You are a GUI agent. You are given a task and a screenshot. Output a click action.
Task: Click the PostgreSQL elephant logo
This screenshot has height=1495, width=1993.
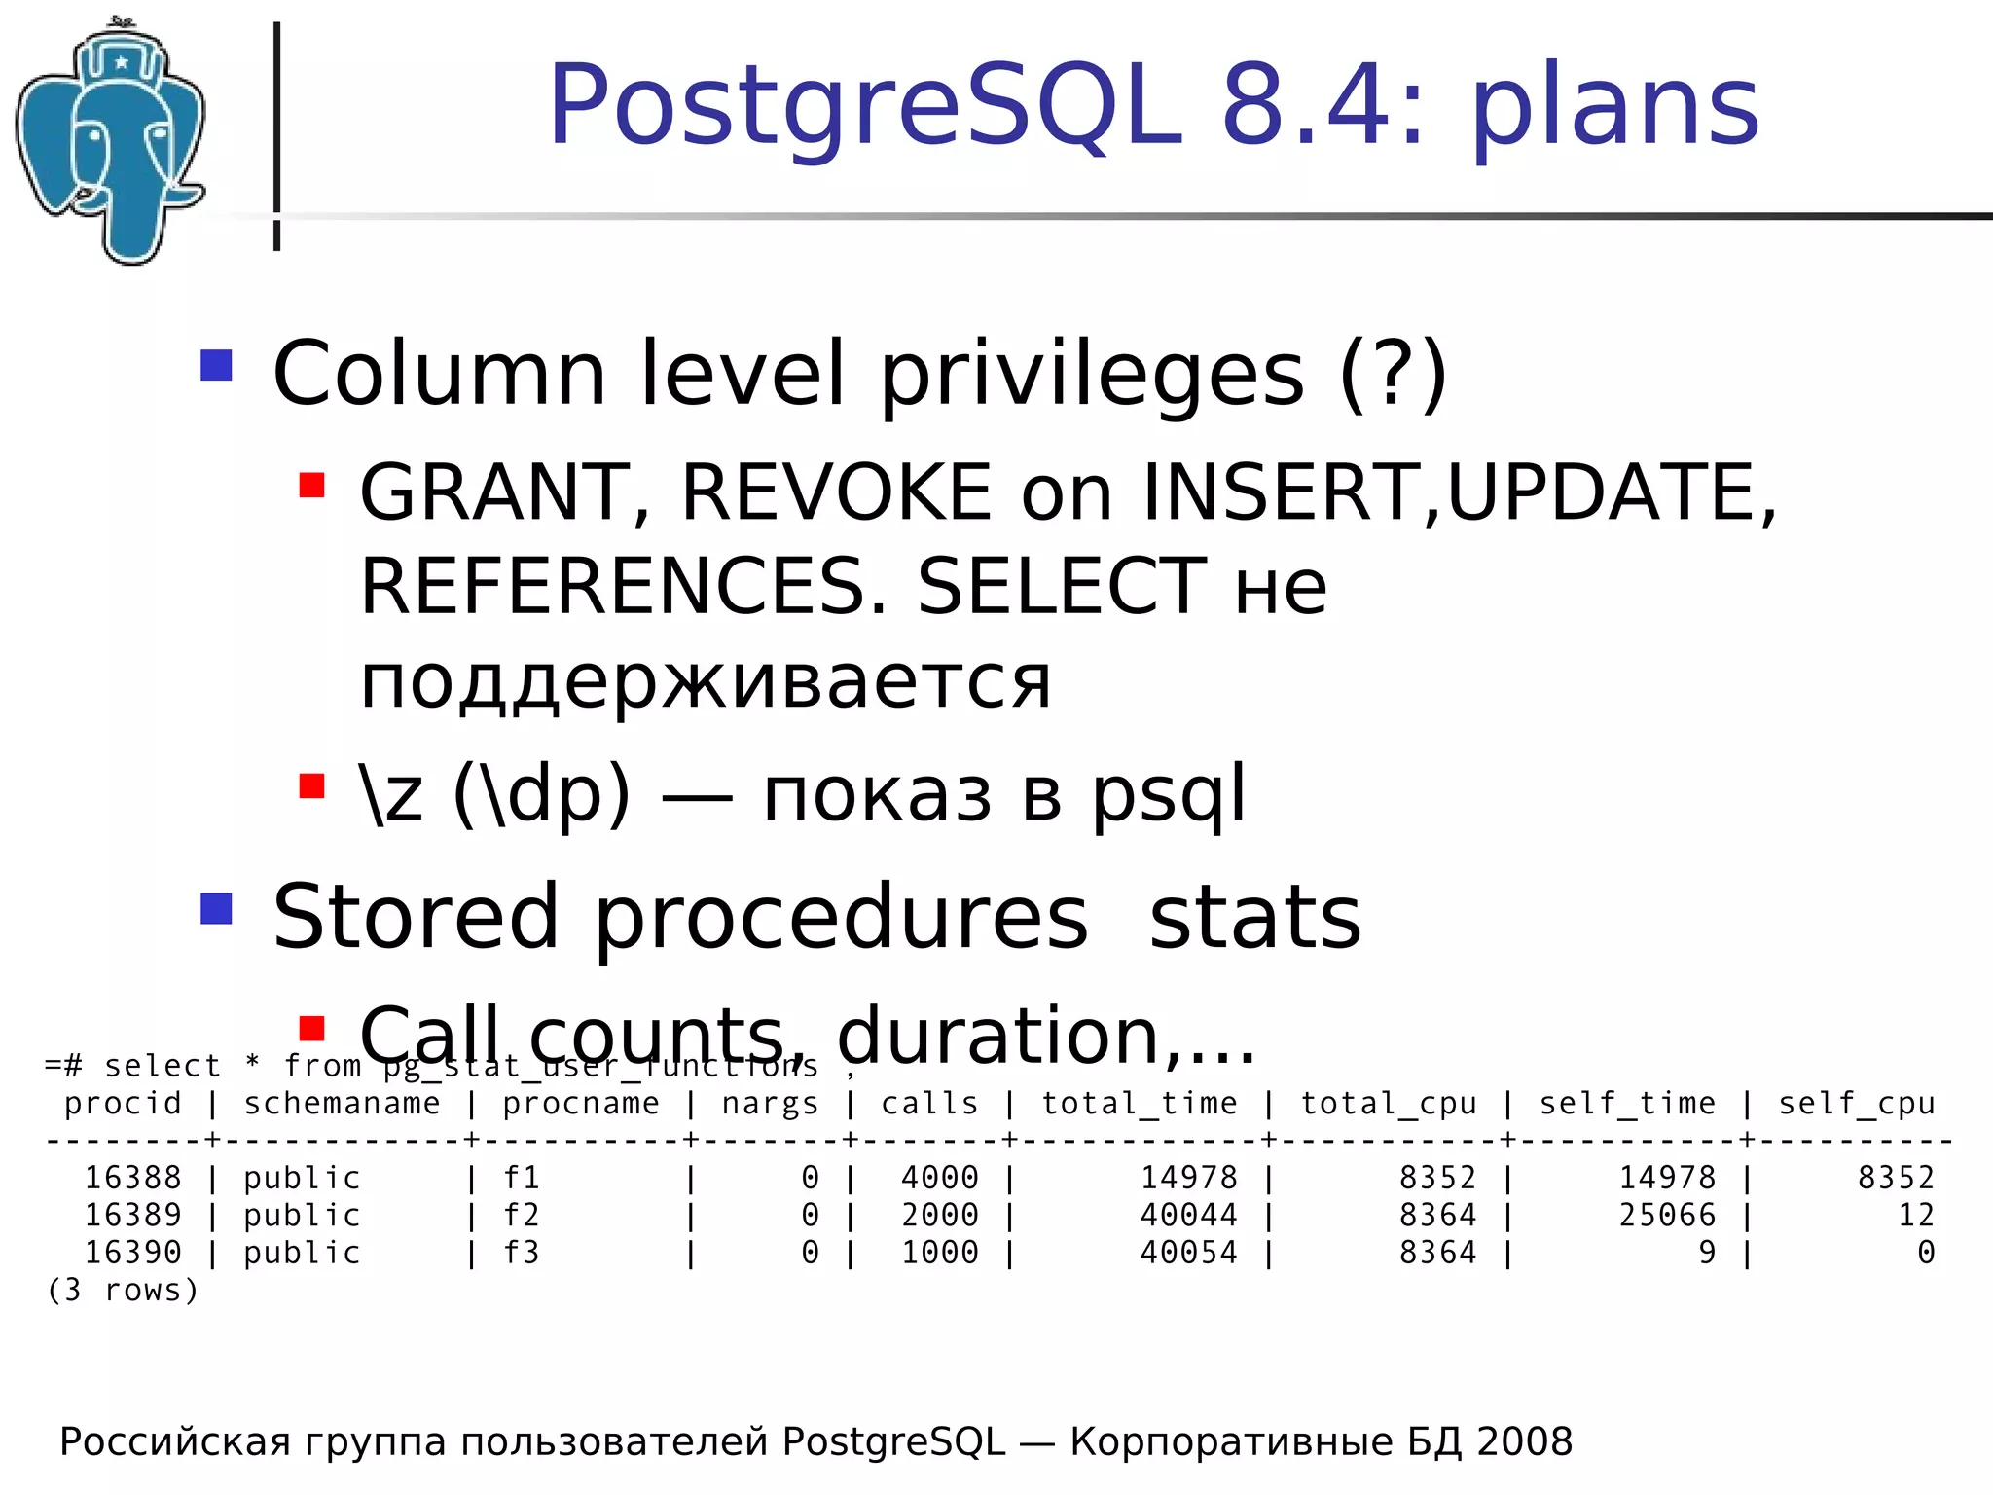pos(112,141)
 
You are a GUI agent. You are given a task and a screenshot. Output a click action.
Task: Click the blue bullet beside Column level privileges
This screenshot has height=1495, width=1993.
pos(216,365)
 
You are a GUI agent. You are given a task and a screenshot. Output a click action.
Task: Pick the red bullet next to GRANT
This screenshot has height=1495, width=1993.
pos(311,485)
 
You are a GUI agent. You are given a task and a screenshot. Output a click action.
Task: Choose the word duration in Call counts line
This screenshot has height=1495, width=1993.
pos(997,1035)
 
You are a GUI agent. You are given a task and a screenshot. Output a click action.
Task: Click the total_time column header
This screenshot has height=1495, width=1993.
pos(1140,1104)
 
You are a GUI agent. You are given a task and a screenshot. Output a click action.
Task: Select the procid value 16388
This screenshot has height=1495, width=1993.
pos(133,1179)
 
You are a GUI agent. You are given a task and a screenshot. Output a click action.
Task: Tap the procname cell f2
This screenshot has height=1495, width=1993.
pos(521,1216)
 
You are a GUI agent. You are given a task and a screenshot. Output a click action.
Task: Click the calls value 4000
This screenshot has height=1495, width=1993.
pos(939,1179)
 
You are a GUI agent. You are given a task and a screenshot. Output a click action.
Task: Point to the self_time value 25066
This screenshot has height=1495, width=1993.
pos(1667,1216)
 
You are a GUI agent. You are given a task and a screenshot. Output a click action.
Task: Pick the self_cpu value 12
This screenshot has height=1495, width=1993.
pos(1915,1216)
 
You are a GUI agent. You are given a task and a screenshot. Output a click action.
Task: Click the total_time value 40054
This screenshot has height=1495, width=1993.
pos(1188,1253)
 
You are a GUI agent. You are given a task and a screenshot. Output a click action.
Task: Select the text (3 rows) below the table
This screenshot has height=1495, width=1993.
pos(123,1291)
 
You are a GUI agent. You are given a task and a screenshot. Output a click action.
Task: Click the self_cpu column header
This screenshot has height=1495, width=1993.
pos(1857,1104)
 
